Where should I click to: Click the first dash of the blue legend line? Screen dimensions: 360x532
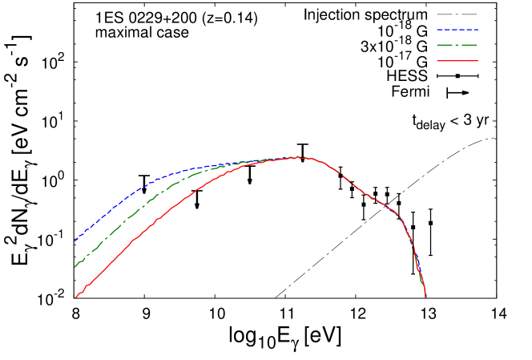point(440,30)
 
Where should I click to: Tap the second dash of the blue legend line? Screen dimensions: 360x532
point(447,30)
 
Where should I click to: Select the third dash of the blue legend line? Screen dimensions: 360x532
point(454,30)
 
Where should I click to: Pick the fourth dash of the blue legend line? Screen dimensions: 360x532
point(461,30)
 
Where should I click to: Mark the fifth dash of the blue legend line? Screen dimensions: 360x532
point(469,30)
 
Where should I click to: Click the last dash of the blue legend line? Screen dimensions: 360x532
point(475,30)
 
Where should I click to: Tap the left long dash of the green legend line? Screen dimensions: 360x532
point(445,45)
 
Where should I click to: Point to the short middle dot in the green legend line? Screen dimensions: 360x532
point(457,45)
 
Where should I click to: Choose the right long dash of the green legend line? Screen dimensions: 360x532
point(469,45)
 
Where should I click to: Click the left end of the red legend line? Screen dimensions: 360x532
point(437,61)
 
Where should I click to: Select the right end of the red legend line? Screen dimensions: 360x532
point(478,61)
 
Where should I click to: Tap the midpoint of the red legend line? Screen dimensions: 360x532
point(457,61)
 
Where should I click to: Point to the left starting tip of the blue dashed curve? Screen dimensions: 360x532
point(75,241)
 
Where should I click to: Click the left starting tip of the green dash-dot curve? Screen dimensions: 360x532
point(75,266)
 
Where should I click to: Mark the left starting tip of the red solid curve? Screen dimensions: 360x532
point(76,297)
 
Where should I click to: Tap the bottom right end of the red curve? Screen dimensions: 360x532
point(425,297)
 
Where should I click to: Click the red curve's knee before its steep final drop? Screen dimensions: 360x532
point(400,217)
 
